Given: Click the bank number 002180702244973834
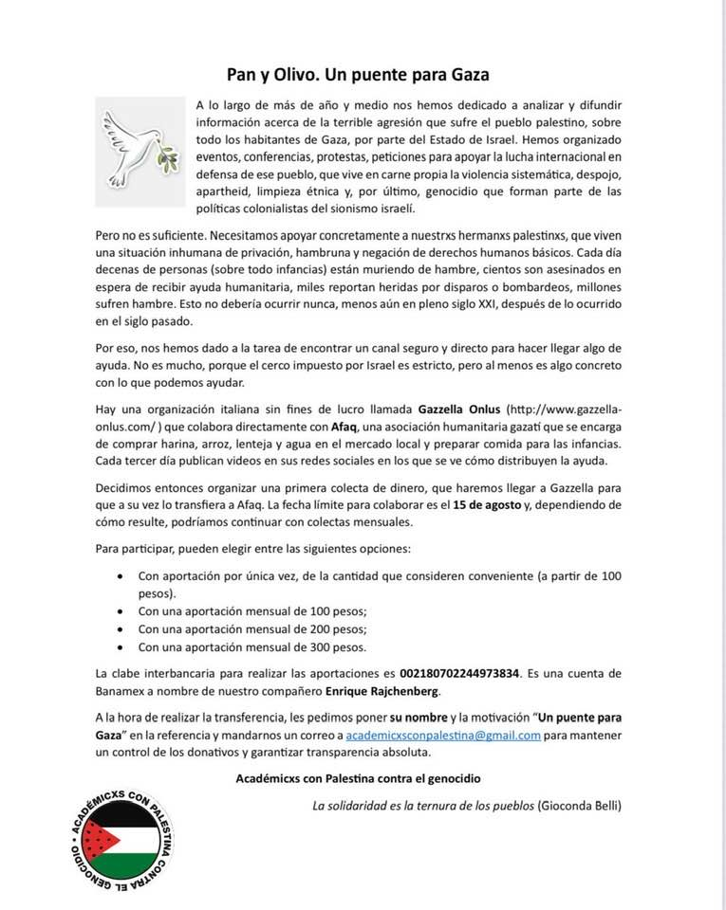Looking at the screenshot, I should coord(460,672).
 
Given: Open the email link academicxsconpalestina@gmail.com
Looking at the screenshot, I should coord(443,735).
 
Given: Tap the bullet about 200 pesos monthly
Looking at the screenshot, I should coord(251,628).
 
